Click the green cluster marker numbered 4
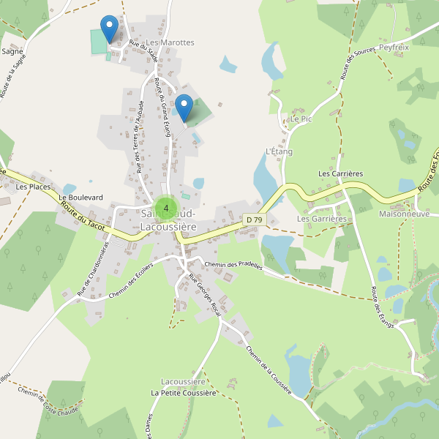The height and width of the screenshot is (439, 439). [166, 209]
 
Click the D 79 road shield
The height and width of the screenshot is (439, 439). [254, 219]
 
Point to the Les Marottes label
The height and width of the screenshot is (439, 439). [170, 43]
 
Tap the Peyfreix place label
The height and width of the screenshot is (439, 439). [394, 47]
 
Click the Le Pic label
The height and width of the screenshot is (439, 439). [301, 119]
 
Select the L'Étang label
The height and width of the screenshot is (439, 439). [279, 151]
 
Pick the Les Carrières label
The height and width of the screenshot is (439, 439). [340, 173]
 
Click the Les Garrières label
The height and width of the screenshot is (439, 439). [321, 219]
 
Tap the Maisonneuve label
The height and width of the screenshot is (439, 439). [404, 214]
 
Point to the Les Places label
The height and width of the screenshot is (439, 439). [31, 187]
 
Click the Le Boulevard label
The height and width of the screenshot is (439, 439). [81, 198]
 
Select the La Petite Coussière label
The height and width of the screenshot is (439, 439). [184, 393]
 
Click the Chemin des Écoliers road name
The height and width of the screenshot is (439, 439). [130, 281]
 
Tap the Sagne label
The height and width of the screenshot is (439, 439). [12, 52]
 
